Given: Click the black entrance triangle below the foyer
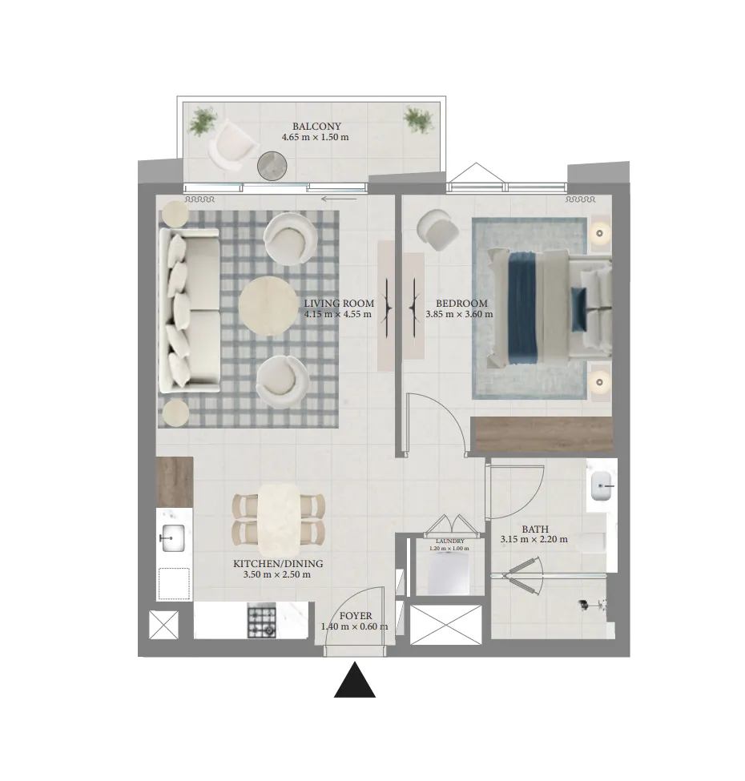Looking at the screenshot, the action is tap(354, 680).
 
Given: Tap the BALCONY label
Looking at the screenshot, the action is tap(316, 127).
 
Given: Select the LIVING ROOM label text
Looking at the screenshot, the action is tap(339, 304).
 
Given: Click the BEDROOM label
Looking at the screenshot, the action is tap(461, 304).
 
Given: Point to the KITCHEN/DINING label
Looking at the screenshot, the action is tap(278, 564).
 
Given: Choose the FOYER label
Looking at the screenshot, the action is tap(356, 616).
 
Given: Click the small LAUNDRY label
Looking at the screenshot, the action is tap(449, 541).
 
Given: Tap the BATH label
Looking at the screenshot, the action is tap(535, 529).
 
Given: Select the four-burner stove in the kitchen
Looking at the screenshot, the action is tap(261, 621).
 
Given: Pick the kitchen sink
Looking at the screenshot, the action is tap(172, 538).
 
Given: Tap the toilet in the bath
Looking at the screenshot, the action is tap(592, 542).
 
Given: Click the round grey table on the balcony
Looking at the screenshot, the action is tap(272, 165).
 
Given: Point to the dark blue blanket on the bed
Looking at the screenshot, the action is tap(521, 308).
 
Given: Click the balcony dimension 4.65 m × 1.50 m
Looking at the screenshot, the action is tap(316, 137).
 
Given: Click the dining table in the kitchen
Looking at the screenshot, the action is tap(279, 520).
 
